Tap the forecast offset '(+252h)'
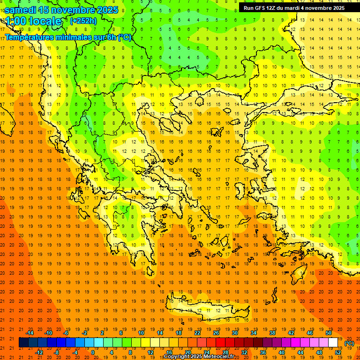tap(83, 21)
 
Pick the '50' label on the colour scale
tap(329, 333)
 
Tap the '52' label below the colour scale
tap(338, 352)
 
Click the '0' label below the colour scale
tap(93, 352)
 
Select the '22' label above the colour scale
tap(197, 333)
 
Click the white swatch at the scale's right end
tap(333, 343)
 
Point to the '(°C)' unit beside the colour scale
tap(349, 343)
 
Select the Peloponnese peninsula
tap(136, 234)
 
